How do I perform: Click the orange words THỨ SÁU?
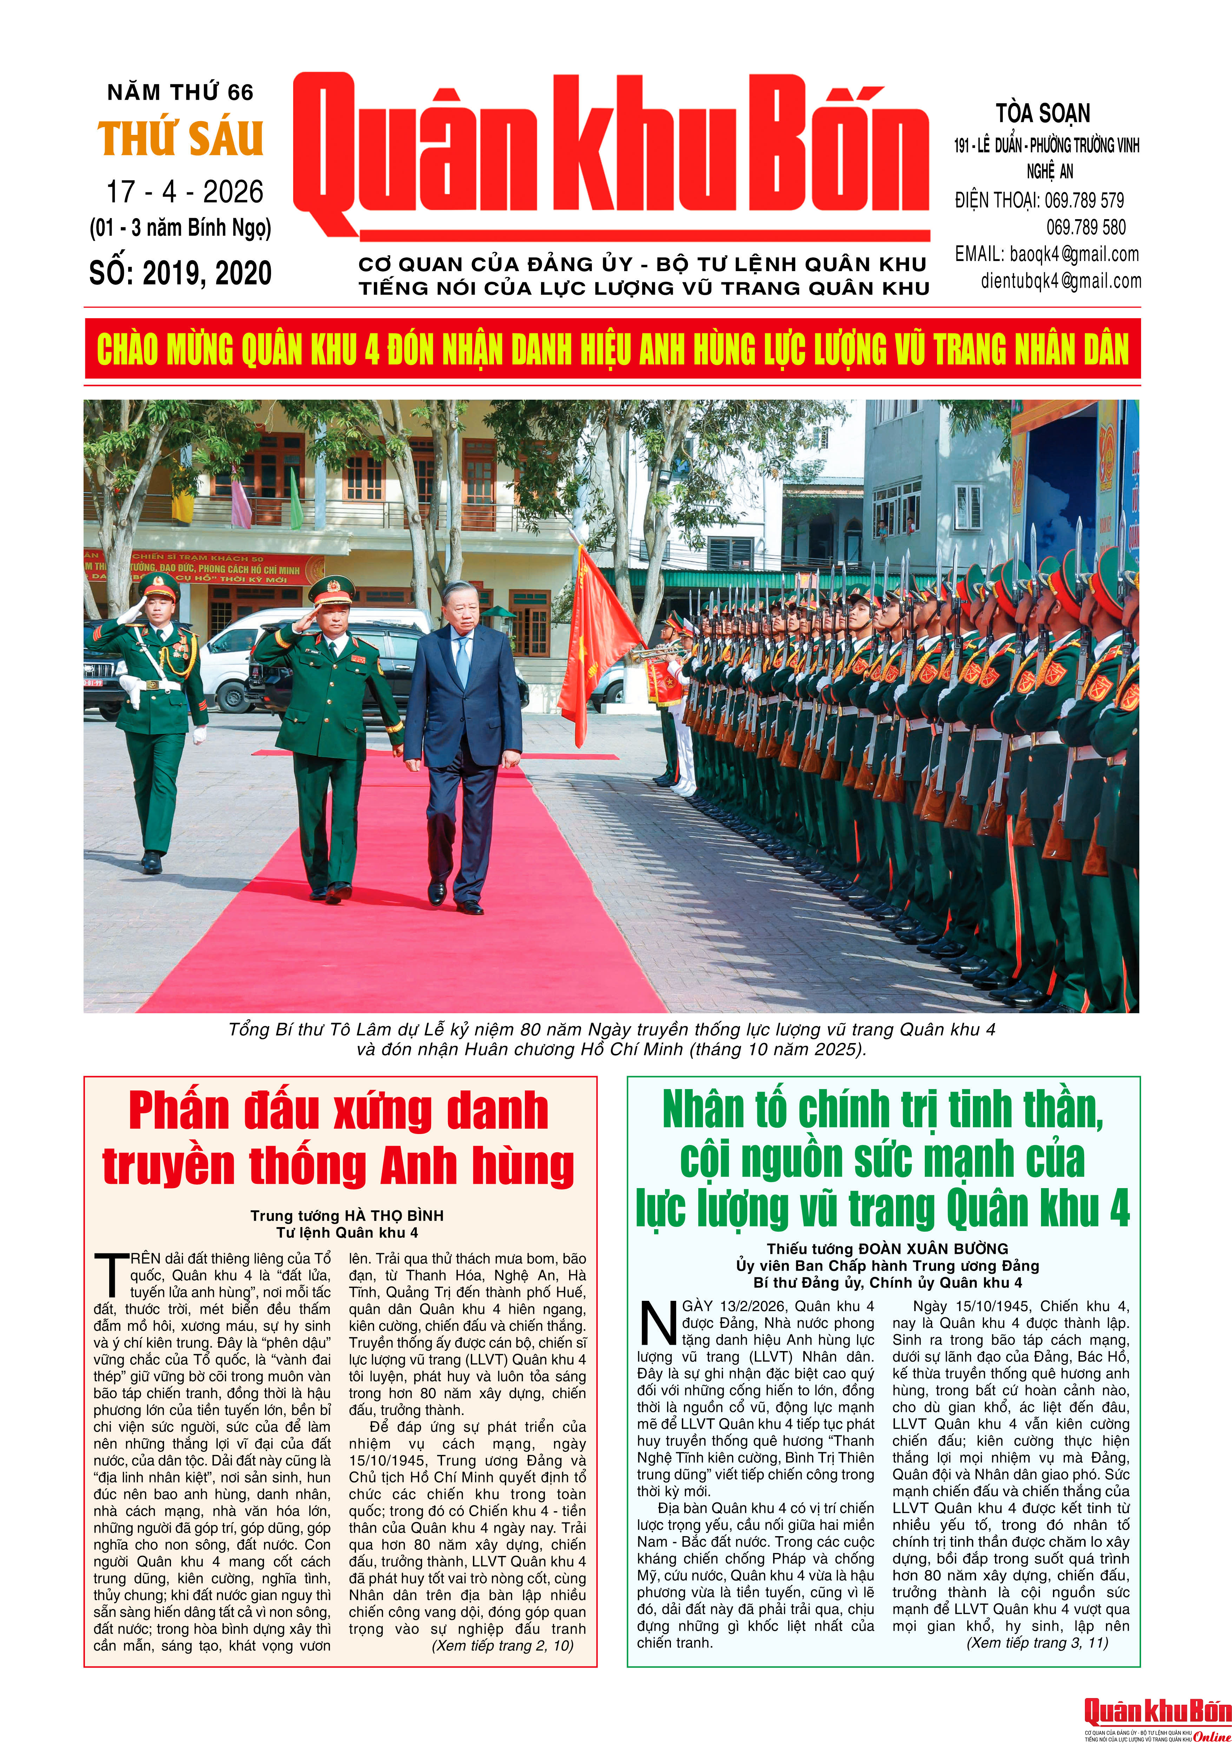click(181, 139)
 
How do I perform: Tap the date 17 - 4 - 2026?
click(184, 192)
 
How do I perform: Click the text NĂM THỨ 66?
click(181, 93)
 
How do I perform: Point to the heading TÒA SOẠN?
click(1043, 114)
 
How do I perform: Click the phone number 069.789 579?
click(1084, 201)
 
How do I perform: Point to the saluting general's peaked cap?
click(331, 588)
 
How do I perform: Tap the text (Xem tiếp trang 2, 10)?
click(502, 1645)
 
